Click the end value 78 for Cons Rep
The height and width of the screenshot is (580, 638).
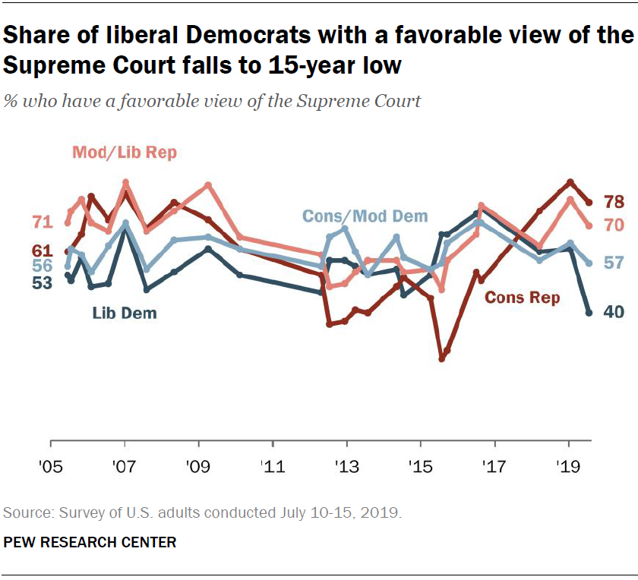coord(614,201)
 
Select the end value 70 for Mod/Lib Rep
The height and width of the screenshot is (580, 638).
coord(614,225)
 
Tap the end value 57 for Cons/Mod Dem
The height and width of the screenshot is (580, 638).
coord(614,263)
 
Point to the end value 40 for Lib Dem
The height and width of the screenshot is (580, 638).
coord(614,312)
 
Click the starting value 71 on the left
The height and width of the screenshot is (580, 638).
coord(43,222)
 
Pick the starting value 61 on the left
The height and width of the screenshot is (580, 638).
coord(43,251)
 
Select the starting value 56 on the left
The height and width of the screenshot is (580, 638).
coord(43,266)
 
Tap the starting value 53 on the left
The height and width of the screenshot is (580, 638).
coord(43,282)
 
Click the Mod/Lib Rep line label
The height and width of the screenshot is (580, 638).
coord(125,153)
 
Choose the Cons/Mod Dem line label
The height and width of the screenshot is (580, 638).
coord(365,216)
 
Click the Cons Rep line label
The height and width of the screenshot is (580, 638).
coord(522,298)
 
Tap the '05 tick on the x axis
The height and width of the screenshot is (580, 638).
coord(50,464)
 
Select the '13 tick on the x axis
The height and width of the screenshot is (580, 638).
coord(346,464)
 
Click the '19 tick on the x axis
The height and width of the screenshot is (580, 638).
coord(568,464)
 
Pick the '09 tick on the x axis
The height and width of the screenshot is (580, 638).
coord(198,464)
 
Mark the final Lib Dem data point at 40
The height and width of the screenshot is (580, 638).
coord(589,312)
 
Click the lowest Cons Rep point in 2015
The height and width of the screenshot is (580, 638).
coord(441,358)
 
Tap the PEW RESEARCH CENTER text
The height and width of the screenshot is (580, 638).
coord(90,542)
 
